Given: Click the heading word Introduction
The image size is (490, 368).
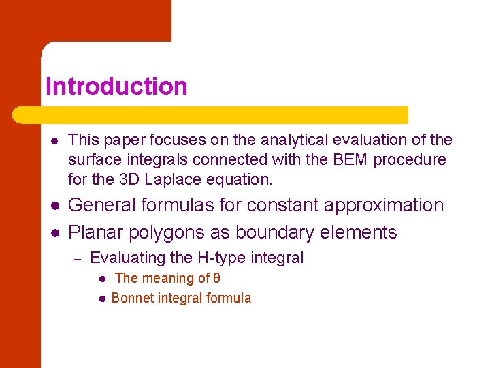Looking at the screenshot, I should [116, 87].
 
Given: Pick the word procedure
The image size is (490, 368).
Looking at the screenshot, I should [414, 159].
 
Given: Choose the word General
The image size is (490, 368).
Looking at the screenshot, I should [103, 205].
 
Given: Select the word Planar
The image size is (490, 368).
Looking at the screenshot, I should [95, 232].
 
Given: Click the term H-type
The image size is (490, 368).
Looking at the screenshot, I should [222, 258].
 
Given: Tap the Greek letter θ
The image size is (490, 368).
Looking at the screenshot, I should [217, 278].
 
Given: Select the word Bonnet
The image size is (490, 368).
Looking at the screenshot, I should [133, 298].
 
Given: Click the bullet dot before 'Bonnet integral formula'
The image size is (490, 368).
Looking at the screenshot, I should [101, 298].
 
